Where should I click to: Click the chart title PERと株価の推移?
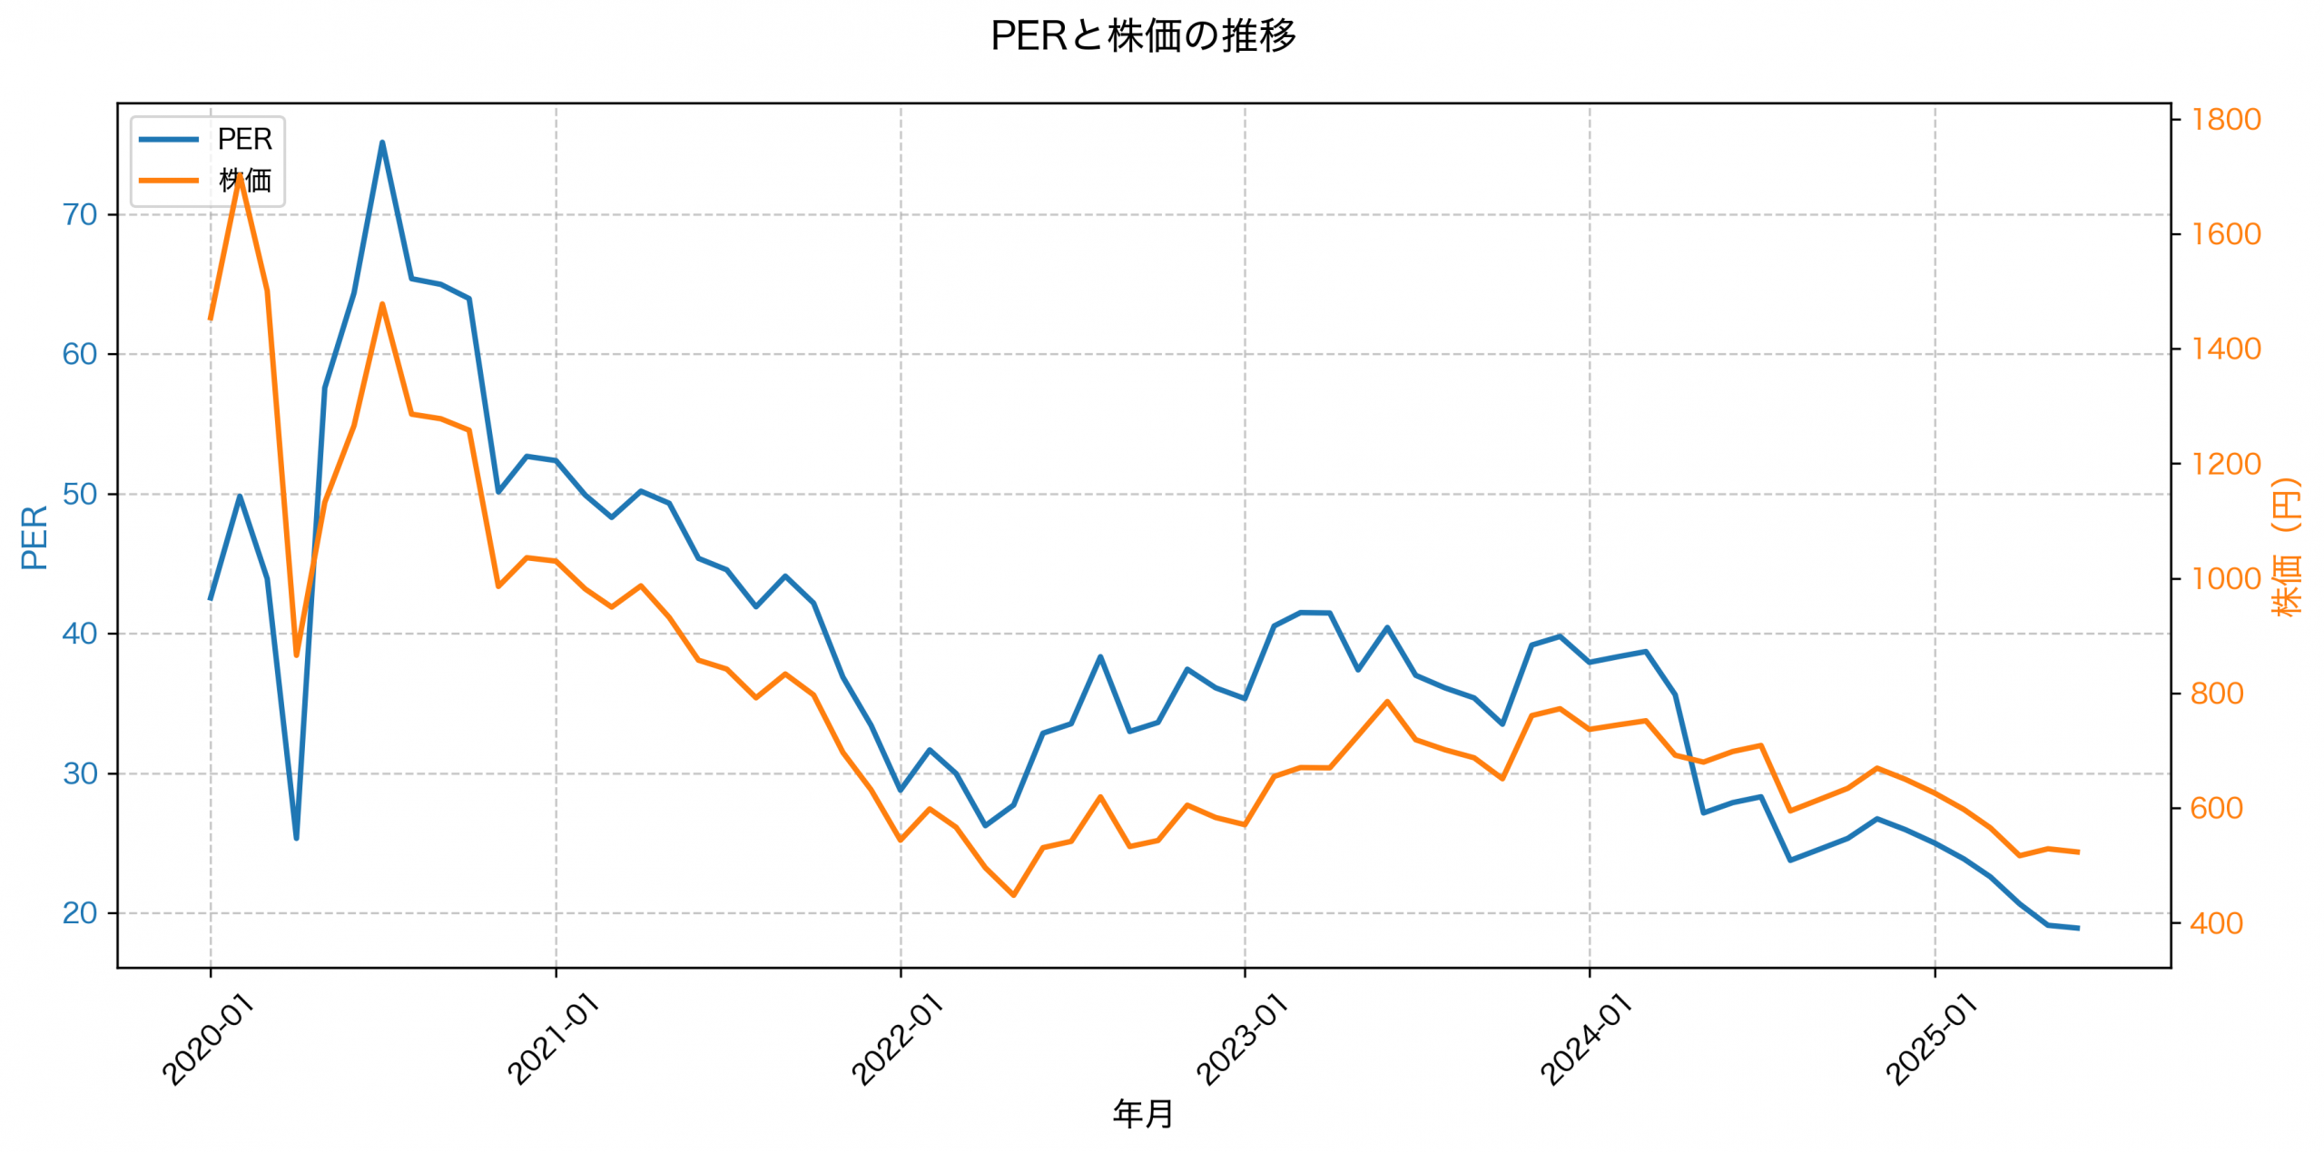click(1143, 36)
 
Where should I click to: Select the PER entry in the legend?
click(244, 140)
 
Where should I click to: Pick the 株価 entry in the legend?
click(244, 181)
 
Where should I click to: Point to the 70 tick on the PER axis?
click(80, 215)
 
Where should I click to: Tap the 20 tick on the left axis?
click(80, 913)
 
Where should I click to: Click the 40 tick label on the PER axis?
click(80, 634)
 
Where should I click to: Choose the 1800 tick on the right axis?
click(2225, 120)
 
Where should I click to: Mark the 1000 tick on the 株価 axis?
click(2225, 579)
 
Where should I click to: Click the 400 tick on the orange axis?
click(2216, 924)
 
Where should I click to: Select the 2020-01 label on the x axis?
click(208, 1039)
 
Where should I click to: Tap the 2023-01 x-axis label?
click(1241, 1039)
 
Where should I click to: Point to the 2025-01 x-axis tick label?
click(1931, 1039)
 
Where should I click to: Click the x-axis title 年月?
click(1143, 1114)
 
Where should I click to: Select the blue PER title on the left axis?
click(34, 537)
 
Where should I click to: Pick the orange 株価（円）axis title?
click(2287, 547)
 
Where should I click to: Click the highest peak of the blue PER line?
click(382, 143)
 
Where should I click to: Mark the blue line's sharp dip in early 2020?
click(296, 838)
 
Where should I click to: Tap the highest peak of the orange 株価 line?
click(239, 174)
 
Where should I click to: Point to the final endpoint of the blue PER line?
click(2078, 928)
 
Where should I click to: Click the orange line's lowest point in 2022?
click(1014, 895)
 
